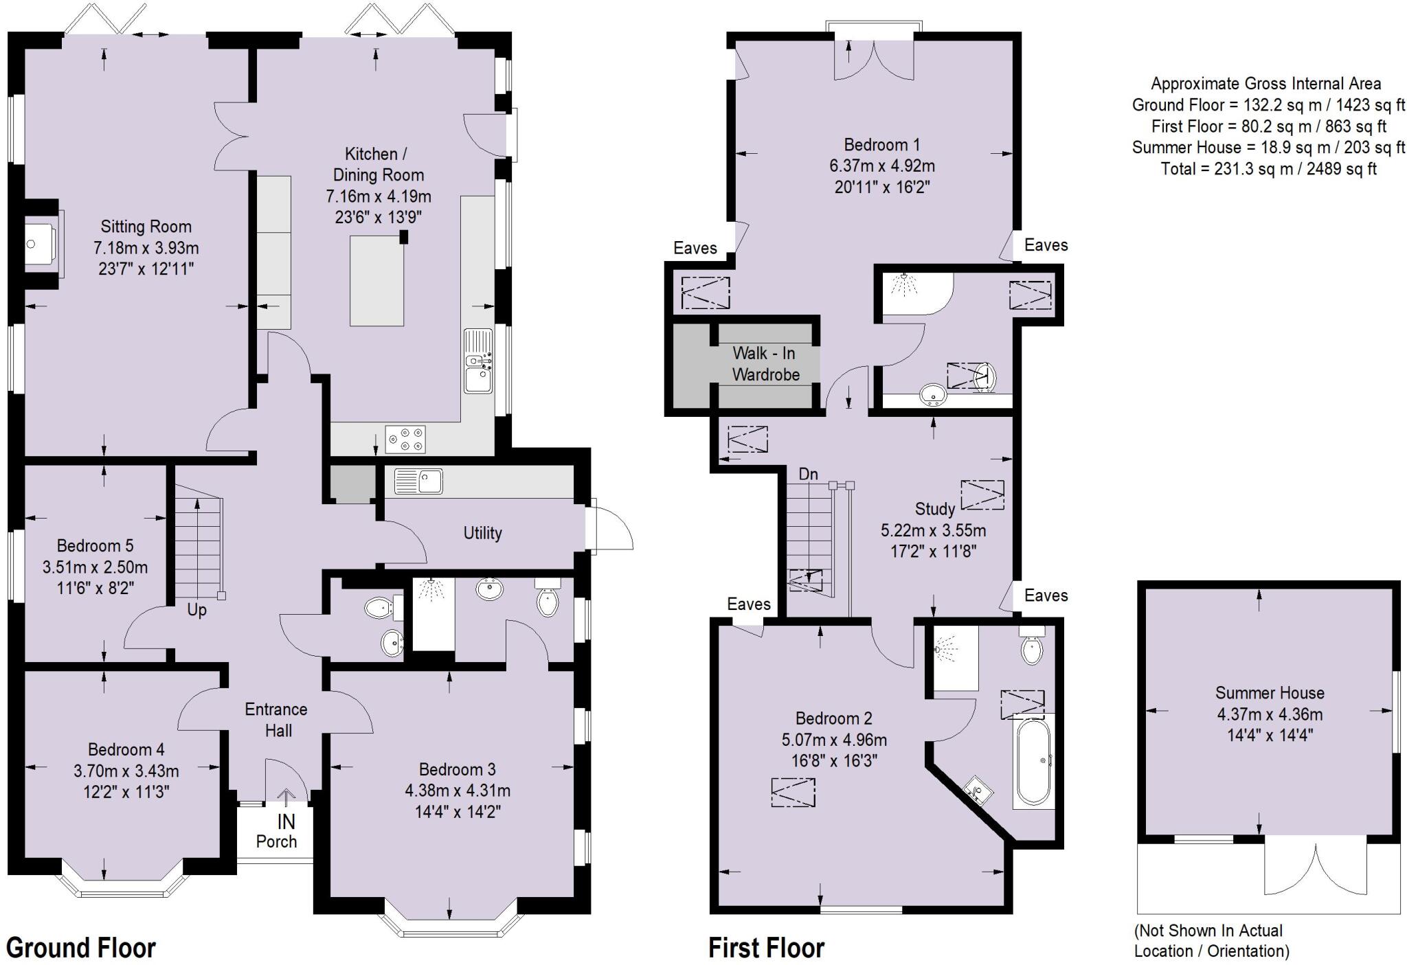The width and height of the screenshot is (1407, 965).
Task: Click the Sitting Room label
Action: [146, 227]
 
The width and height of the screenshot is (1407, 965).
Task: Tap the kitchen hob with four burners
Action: [405, 440]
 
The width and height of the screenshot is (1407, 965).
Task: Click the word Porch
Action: [276, 841]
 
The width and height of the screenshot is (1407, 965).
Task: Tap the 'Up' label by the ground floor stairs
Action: [196, 610]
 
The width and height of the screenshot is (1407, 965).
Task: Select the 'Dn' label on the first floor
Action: [808, 474]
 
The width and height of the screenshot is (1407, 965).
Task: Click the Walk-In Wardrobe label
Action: [765, 364]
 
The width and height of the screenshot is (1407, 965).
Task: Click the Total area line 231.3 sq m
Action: [1268, 169]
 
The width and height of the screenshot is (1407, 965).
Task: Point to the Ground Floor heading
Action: [81, 948]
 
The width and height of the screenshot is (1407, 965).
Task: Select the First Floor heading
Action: [766, 948]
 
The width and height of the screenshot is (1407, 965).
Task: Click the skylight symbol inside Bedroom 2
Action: [793, 792]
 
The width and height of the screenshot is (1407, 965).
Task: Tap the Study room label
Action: [934, 509]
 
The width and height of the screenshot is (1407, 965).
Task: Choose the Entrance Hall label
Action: [277, 720]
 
